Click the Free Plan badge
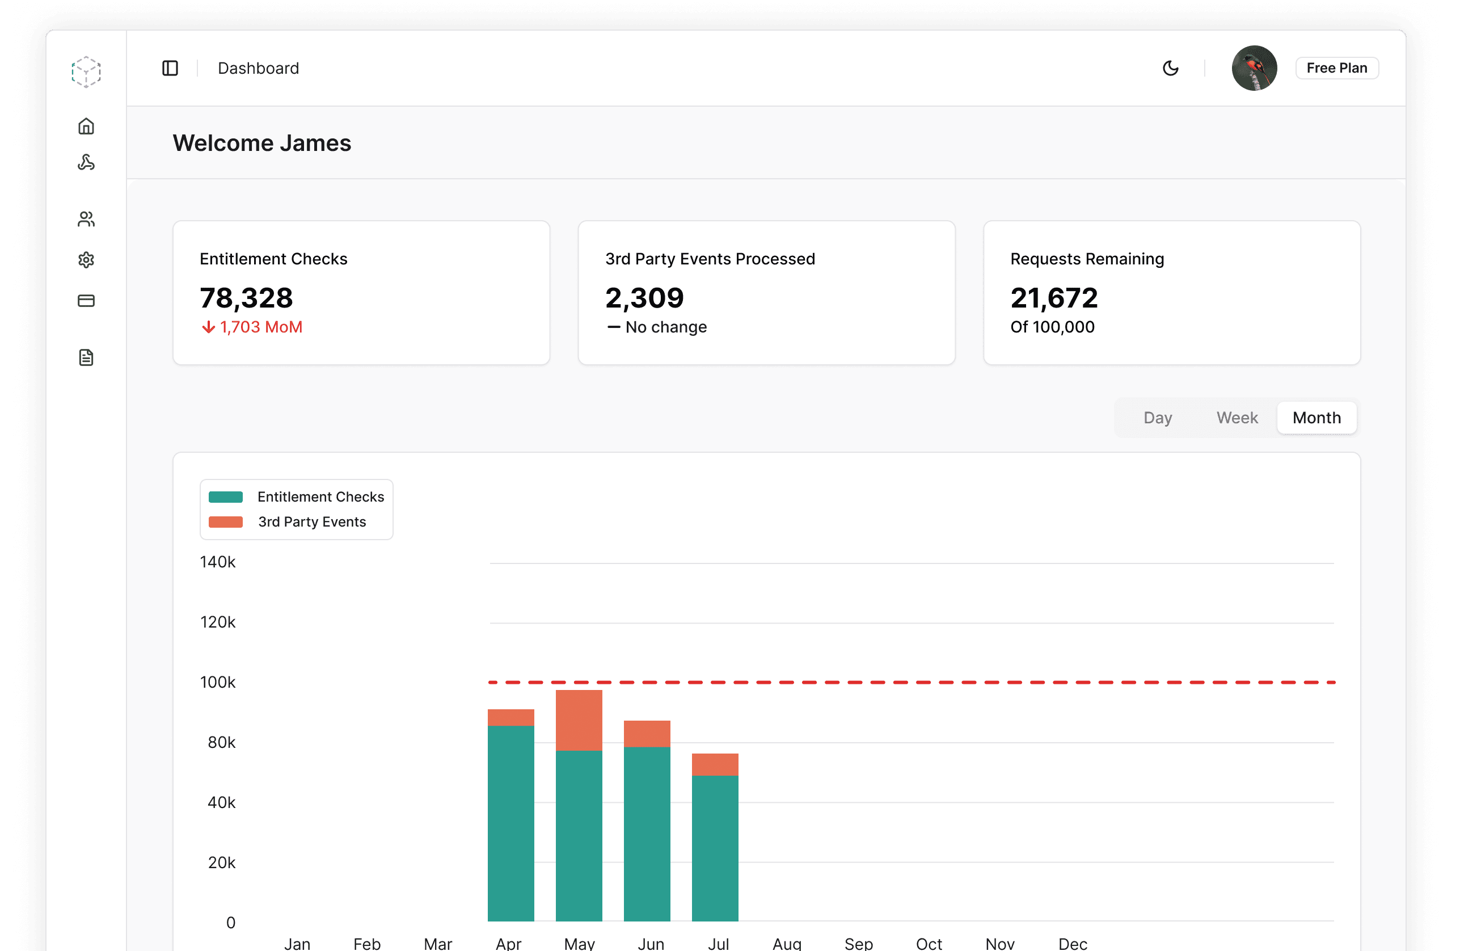1336,68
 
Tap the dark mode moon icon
1171,68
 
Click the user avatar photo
1254,68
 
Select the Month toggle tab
1316,418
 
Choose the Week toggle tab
1237,418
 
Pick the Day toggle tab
1158,418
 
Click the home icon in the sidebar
86,127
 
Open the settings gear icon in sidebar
86,259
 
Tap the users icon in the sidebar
86,219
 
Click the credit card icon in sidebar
86,301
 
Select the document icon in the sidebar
86,357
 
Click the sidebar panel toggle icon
170,68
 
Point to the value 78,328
246,298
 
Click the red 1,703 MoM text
261,327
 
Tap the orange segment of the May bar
579,720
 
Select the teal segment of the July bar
715,848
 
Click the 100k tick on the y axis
218,682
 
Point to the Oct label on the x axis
929,943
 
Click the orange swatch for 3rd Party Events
226,521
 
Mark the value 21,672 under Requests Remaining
1054,298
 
